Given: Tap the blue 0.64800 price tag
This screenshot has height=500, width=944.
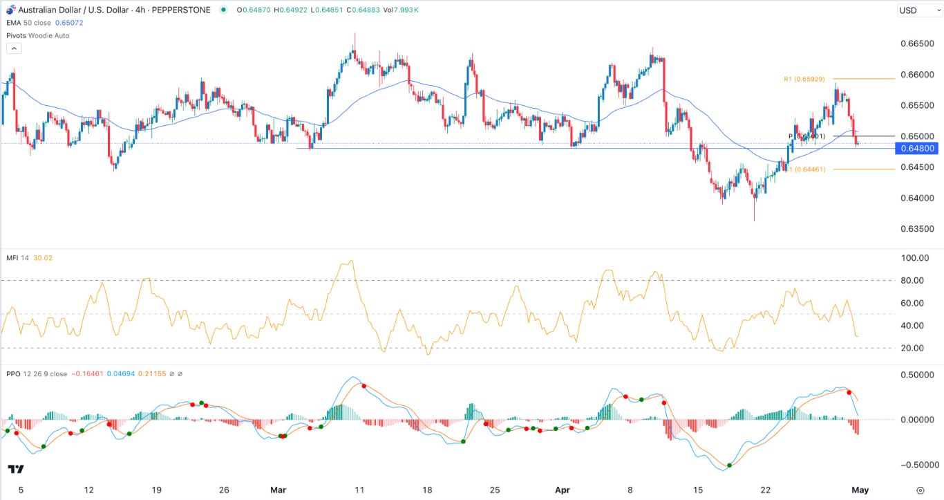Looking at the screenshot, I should pyautogui.click(x=918, y=149).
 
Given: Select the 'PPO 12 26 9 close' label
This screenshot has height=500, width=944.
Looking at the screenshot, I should pyautogui.click(x=37, y=374).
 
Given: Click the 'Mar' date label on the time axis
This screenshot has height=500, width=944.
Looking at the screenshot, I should pyautogui.click(x=278, y=490).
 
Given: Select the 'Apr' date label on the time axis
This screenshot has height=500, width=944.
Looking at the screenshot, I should pyautogui.click(x=562, y=490).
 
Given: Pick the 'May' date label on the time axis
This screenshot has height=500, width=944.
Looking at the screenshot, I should pyautogui.click(x=860, y=490).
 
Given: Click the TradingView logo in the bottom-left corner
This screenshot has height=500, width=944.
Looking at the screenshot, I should pyautogui.click(x=16, y=470).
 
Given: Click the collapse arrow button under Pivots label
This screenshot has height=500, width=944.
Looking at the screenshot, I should pyautogui.click(x=13, y=48).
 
